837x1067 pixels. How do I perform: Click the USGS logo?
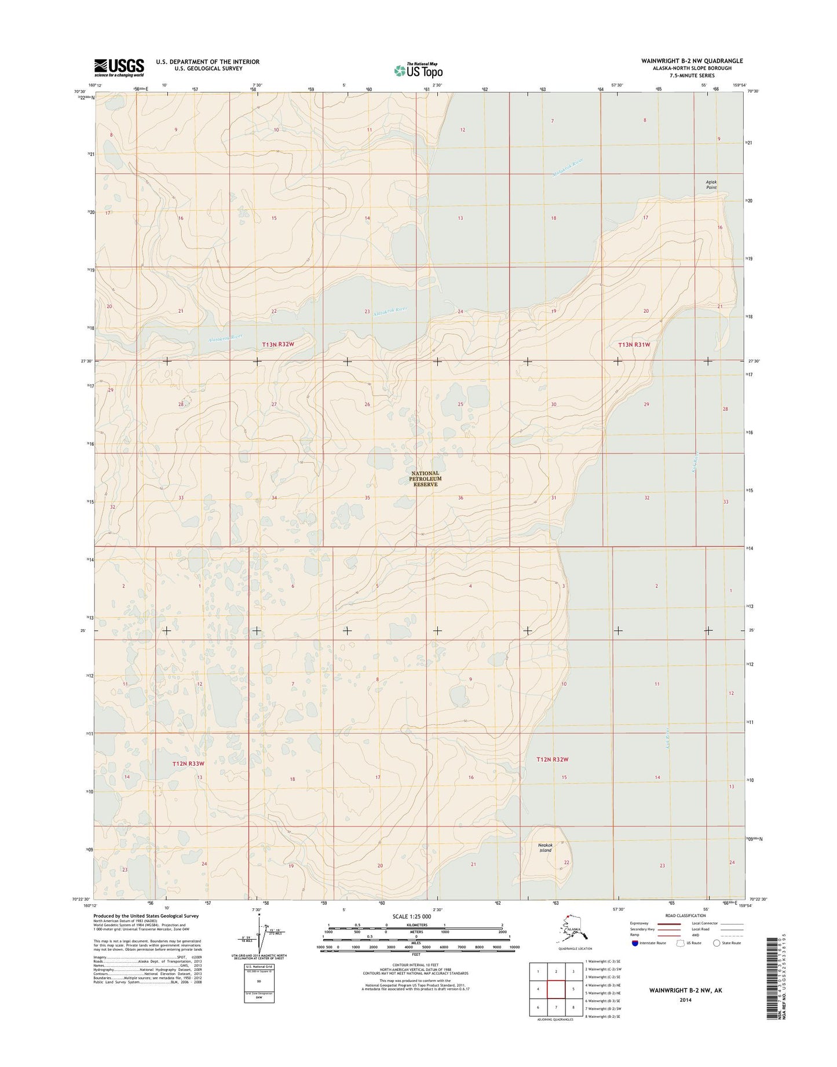point(119,68)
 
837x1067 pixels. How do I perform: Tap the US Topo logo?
point(418,70)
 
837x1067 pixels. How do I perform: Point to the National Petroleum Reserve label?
point(425,478)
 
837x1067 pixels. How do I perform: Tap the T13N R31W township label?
point(634,345)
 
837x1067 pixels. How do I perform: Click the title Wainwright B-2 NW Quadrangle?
point(692,61)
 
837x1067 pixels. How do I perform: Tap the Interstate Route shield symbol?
point(635,943)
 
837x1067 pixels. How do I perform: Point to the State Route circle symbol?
point(717,943)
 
